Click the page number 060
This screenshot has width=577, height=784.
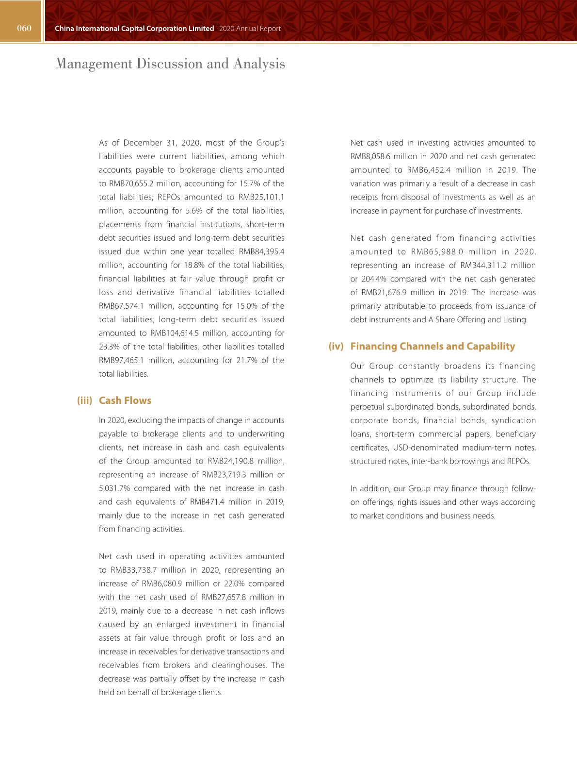(x=24, y=28)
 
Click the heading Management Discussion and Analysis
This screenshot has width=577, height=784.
(x=170, y=64)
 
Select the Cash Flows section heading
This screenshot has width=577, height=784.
(x=125, y=400)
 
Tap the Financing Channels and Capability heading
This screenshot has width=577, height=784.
(x=433, y=346)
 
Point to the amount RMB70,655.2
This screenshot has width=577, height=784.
(x=131, y=183)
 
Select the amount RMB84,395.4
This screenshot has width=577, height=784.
(x=262, y=251)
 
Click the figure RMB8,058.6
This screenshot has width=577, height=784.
(x=370, y=156)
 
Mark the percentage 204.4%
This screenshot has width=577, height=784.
(x=374, y=279)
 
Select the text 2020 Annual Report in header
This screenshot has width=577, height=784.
(x=250, y=29)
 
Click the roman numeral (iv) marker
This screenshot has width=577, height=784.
(x=336, y=346)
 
